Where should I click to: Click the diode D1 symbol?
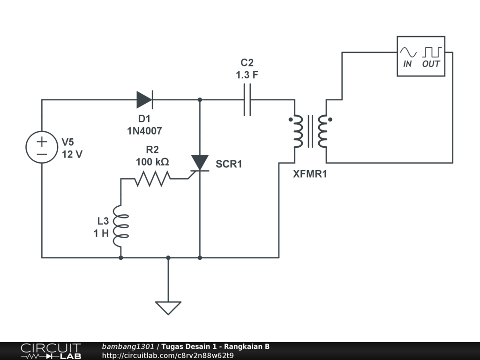pos(144,99)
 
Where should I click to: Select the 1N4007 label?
pos(144,131)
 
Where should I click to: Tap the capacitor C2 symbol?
pos(247,99)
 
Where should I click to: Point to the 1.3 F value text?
pos(247,75)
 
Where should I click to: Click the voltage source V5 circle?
pos(42,147)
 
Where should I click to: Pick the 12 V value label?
pos(72,154)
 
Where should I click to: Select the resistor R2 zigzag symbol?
pos(152,179)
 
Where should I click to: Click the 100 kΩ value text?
pos(152,162)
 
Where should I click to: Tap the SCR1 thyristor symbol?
pos(200,163)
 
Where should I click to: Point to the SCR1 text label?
pos(229,164)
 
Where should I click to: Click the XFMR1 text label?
pos(310,174)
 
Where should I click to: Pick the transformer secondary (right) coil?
pos(323,131)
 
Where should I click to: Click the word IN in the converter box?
pos(408,64)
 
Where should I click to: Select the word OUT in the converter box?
pos(431,64)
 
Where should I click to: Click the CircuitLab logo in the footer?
pos(51,351)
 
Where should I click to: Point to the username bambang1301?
pos(128,347)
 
